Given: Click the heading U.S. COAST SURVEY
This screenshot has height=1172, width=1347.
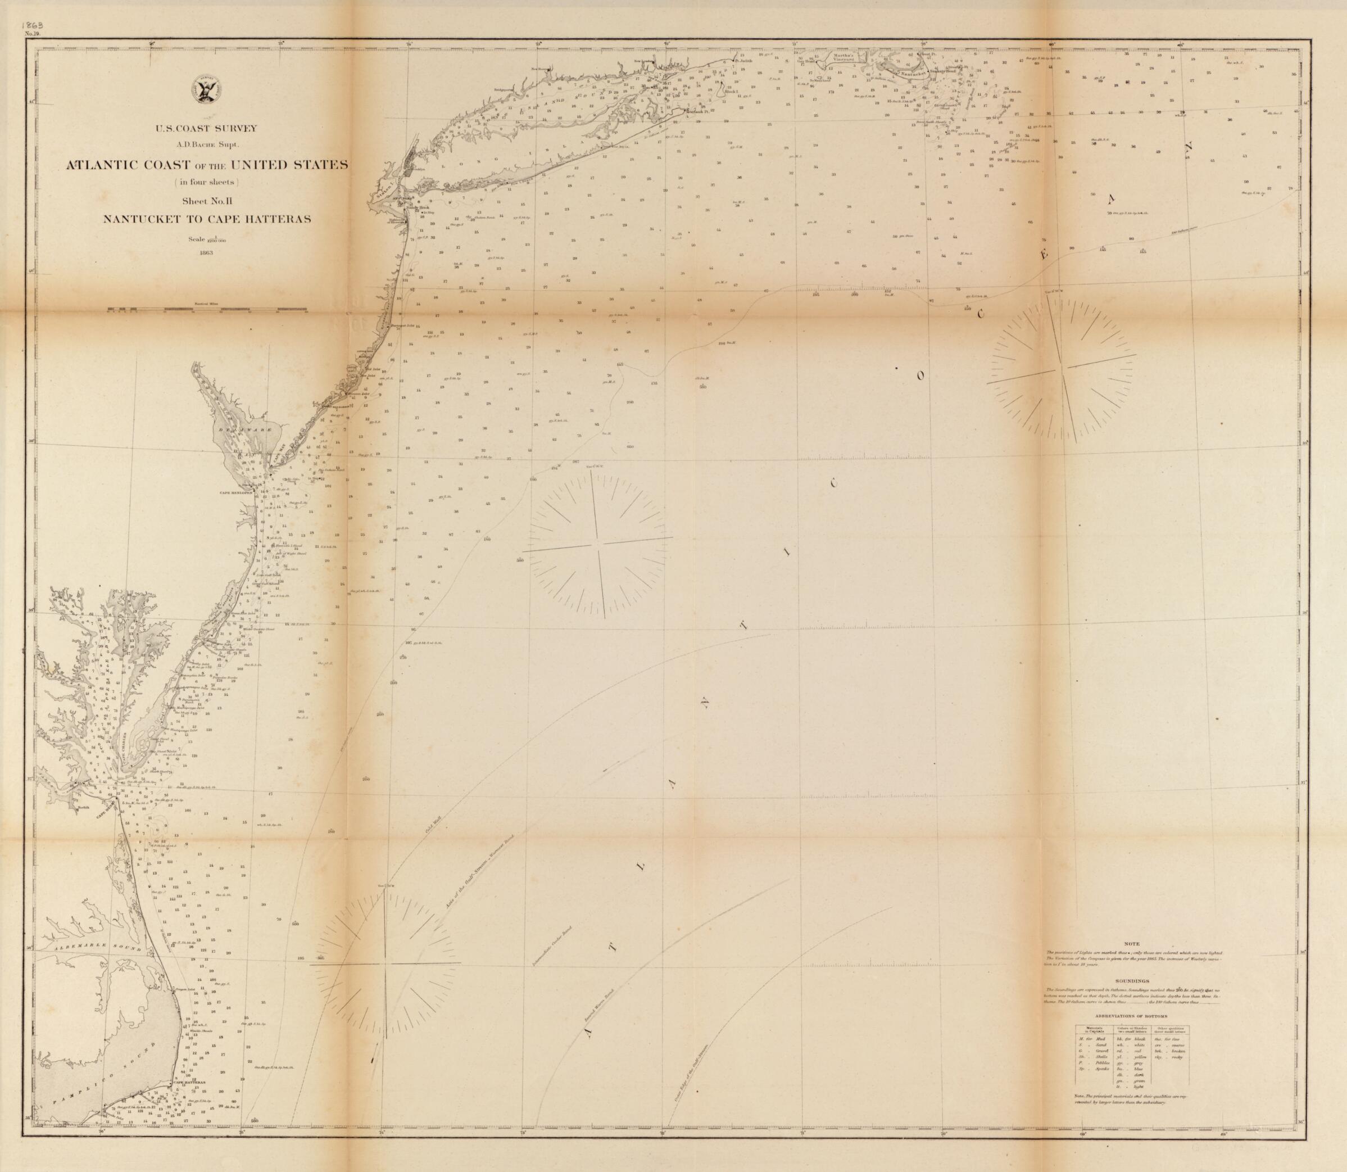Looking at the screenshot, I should tap(207, 128).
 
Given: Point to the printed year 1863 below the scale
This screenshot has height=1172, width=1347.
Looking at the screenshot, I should tap(207, 253).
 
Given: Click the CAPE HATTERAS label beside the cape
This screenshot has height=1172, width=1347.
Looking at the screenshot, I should tap(189, 1083).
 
